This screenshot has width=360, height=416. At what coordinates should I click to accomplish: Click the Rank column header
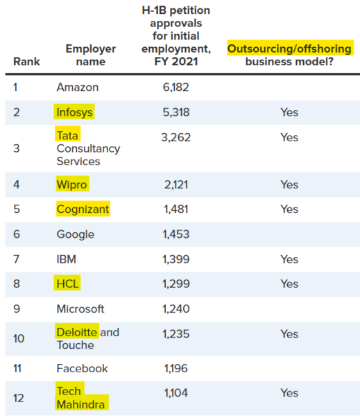(26, 62)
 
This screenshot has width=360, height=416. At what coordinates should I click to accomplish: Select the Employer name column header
(91, 55)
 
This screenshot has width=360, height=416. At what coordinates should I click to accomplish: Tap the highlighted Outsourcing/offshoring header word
(289, 49)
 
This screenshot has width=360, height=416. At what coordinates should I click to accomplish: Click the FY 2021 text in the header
(176, 62)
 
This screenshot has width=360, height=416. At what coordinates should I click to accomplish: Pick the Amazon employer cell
(78, 87)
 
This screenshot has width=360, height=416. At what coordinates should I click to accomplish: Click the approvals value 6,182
(176, 87)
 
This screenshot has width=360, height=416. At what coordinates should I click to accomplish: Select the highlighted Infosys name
(75, 112)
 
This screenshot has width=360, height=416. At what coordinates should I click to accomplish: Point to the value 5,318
(176, 112)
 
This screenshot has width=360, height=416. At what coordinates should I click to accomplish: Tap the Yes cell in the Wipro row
(289, 184)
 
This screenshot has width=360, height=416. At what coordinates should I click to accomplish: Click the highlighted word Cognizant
(83, 209)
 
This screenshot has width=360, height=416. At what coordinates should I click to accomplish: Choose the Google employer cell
(76, 234)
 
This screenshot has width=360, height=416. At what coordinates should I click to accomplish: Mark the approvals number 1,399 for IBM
(176, 259)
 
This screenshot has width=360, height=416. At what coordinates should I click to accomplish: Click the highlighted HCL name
(68, 284)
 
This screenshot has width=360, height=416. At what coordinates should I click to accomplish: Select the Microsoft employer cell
(80, 309)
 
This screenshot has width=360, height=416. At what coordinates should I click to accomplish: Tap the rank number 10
(19, 338)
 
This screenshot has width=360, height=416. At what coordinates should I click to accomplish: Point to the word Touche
(76, 345)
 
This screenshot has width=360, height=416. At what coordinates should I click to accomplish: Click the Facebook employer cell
(83, 369)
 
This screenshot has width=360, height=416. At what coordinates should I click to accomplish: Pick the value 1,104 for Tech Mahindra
(176, 393)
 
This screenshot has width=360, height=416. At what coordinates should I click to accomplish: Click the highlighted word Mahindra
(80, 405)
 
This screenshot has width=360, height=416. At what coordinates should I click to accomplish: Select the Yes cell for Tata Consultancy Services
(289, 137)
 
